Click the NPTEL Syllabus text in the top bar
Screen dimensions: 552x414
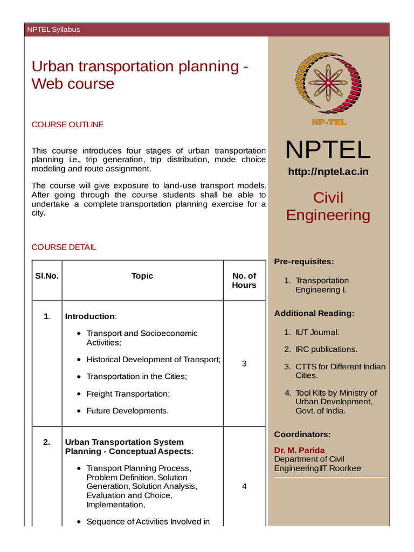[x=53, y=30]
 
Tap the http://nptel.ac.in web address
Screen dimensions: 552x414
[x=328, y=172]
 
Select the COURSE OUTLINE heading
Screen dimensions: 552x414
[x=67, y=125]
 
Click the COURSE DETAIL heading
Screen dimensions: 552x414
[x=64, y=247]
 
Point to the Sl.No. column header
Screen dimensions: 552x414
[x=47, y=276]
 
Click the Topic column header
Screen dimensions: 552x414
[x=142, y=276]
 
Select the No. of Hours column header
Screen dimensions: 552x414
[x=244, y=280]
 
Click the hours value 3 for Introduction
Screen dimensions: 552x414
[x=244, y=364]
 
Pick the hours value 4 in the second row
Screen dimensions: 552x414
[x=244, y=486]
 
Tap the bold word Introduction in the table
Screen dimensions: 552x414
[x=90, y=316]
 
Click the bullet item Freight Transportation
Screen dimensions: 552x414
[x=128, y=394]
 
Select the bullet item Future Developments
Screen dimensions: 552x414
[x=127, y=411]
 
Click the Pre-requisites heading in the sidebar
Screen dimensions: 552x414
[x=304, y=261]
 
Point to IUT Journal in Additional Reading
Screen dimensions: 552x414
[x=317, y=333]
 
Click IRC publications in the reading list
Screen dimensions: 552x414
[x=326, y=349]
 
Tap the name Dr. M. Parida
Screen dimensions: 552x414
[x=300, y=450]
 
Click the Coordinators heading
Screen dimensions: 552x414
[x=302, y=434]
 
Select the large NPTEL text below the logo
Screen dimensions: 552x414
[x=328, y=149]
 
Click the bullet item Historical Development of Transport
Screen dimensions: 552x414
[x=154, y=360]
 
